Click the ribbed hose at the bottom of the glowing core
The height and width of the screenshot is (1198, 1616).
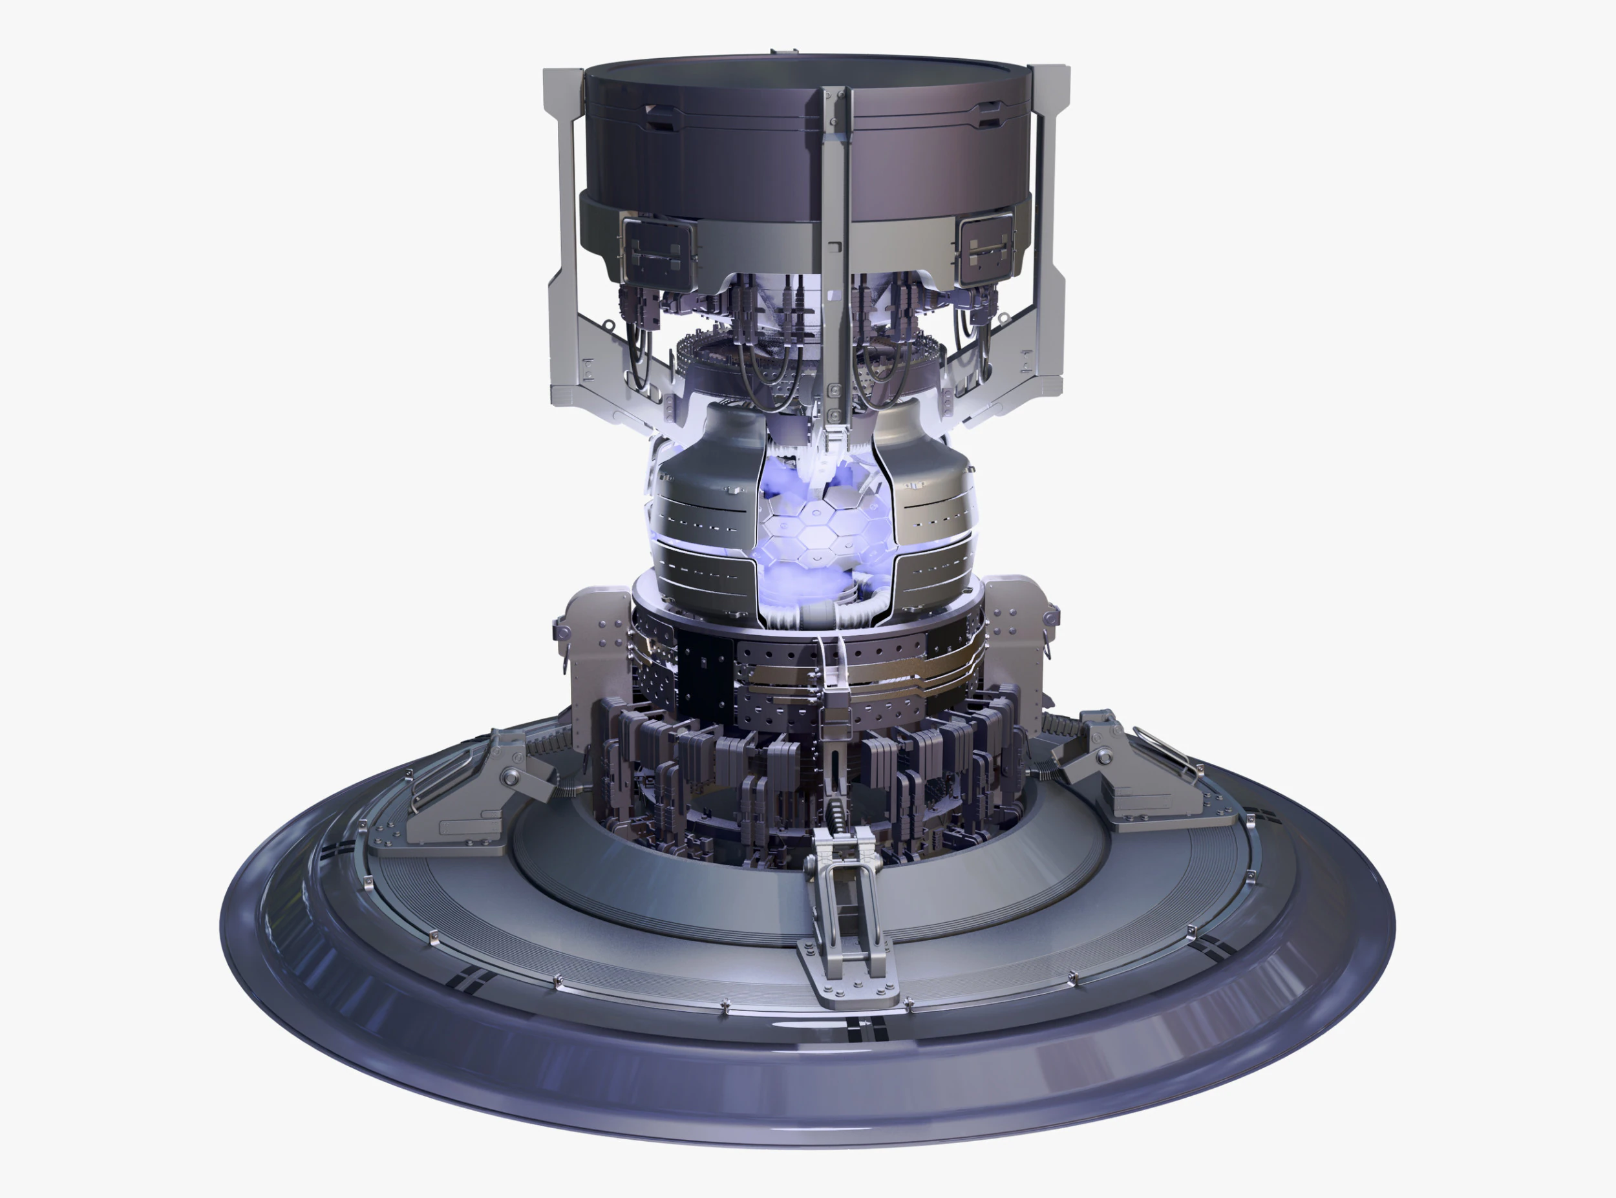point(834,620)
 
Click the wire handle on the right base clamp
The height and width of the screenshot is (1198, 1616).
point(1168,751)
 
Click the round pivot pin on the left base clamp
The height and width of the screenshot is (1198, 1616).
point(512,777)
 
